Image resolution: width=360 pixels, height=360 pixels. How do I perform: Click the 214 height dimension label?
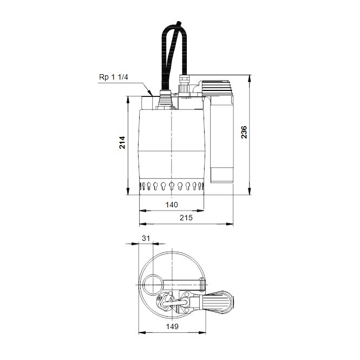pyautogui.click(x=123, y=142)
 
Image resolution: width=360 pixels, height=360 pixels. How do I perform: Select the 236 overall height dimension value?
pyautogui.click(x=244, y=132)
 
